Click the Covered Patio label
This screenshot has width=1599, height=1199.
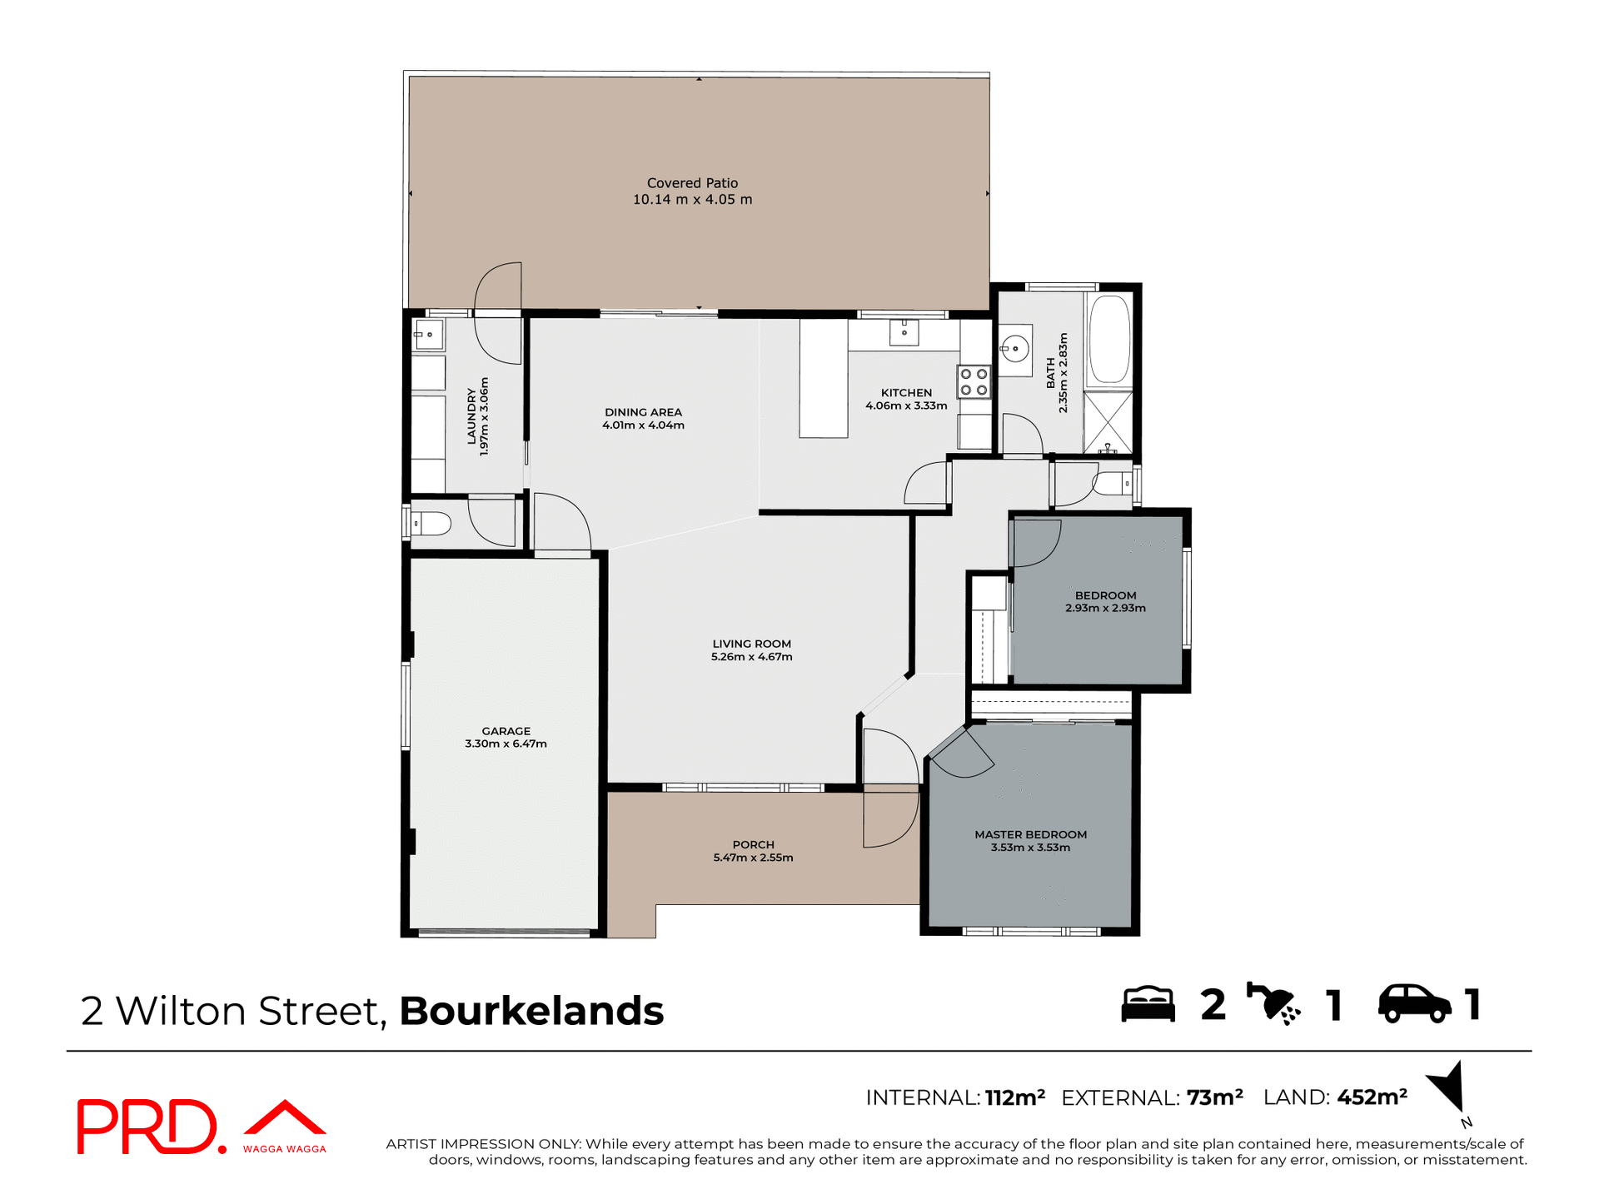click(x=692, y=183)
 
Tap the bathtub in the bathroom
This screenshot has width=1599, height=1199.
click(x=1109, y=339)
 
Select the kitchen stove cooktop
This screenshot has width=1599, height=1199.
click(x=974, y=382)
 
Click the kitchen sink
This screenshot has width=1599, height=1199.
click(x=904, y=332)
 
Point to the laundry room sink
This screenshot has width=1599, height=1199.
click(x=428, y=336)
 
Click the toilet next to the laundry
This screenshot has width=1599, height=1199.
click(x=431, y=524)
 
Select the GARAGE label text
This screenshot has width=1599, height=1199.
click(x=506, y=731)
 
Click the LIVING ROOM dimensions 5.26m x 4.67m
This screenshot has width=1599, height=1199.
click(x=751, y=657)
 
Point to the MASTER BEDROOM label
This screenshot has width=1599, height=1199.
click(x=1030, y=834)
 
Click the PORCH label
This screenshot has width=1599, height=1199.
click(x=753, y=844)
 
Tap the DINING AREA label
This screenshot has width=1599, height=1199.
click(x=643, y=412)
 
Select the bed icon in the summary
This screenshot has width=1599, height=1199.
click(x=1148, y=1004)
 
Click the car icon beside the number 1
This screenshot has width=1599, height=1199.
click(x=1414, y=1004)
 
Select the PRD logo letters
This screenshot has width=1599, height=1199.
click(x=147, y=1127)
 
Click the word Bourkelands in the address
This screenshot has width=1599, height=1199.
click(x=531, y=1011)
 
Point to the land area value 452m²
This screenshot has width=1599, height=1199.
click(x=1372, y=1097)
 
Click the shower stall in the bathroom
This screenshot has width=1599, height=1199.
click(x=1108, y=423)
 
